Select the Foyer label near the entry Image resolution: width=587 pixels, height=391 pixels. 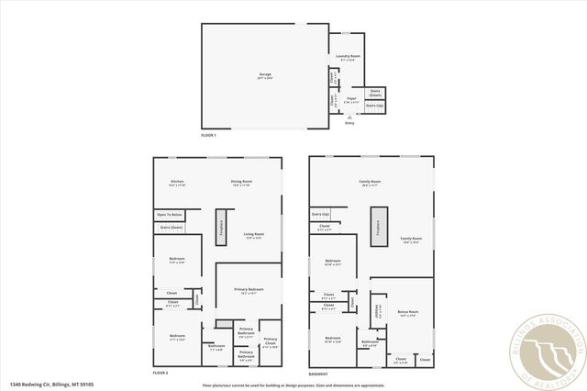coord(350,97)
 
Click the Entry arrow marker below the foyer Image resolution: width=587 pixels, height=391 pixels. coord(349,117)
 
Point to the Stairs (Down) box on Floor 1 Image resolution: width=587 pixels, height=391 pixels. coord(374,92)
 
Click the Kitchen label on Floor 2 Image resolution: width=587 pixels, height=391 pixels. coord(178,182)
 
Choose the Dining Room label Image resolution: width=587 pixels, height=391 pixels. coord(241,182)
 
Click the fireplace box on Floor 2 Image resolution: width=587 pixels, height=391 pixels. coord(220,228)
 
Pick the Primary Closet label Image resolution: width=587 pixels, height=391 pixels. coord(271,346)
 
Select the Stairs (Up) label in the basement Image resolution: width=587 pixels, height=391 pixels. coord(320,214)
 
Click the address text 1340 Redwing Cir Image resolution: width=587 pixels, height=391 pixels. coord(51,385)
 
